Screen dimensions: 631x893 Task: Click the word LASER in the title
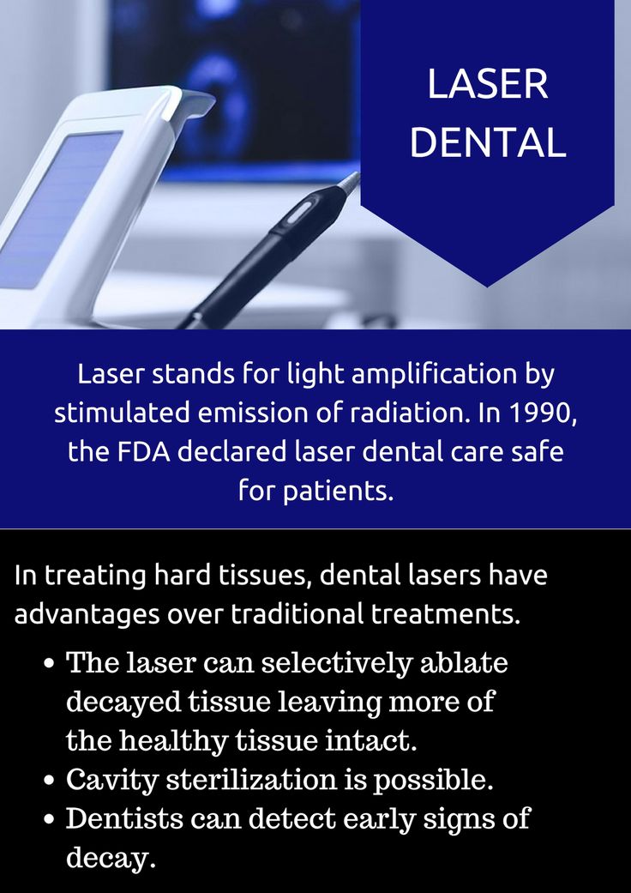488,84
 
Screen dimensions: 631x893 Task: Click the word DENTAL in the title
488,142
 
